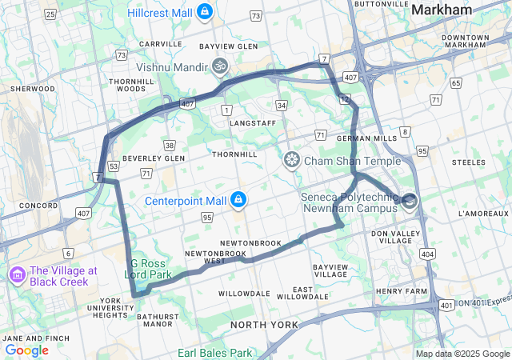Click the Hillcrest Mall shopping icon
pyautogui.click(x=206, y=13)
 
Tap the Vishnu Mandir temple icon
pyautogui.click(x=220, y=67)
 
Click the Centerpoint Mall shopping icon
pyautogui.click(x=238, y=199)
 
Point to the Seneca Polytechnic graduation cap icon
pyautogui.click(x=410, y=201)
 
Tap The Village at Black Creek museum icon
pyautogui.click(x=15, y=276)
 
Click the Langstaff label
pyautogui.click(x=252, y=122)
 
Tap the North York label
pyautogui.click(x=264, y=324)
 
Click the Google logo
pyautogui.click(x=26, y=350)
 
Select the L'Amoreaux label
pyautogui.click(x=483, y=214)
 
